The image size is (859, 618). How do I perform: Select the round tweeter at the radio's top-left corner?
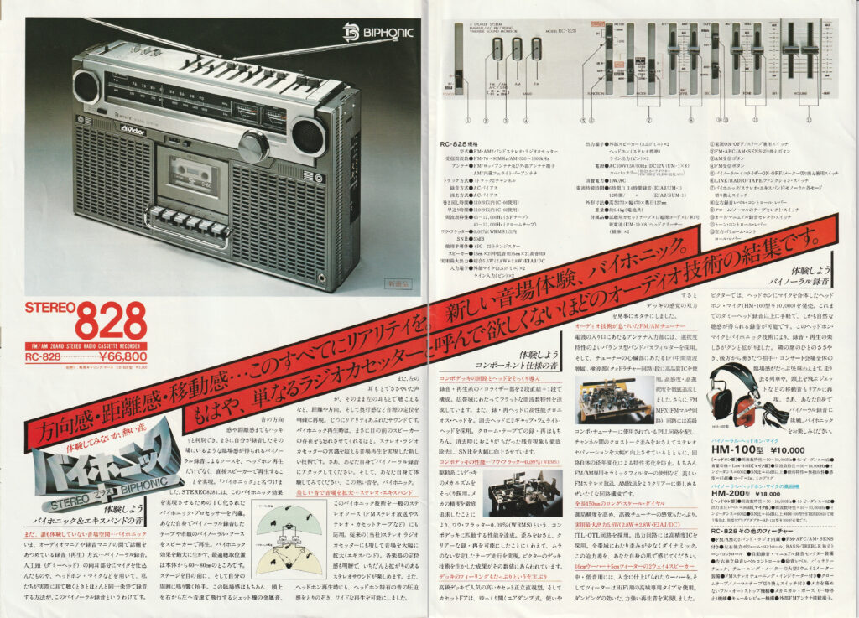86,86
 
